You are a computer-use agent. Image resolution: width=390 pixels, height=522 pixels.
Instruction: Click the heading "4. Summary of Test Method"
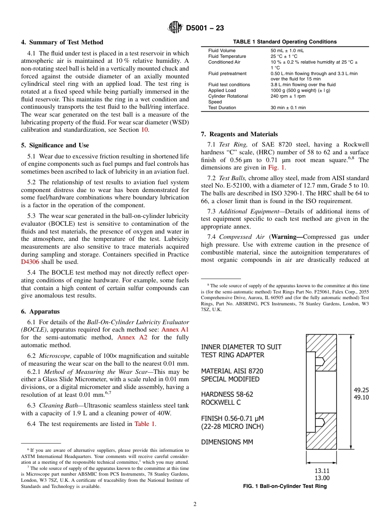tap(62, 42)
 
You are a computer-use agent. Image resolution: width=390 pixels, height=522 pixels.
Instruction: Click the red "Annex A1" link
tap(175, 330)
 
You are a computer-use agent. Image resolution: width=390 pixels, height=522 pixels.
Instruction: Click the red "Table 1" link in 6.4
tap(145, 424)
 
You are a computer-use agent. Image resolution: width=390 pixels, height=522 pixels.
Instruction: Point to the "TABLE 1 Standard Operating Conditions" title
tap(284, 42)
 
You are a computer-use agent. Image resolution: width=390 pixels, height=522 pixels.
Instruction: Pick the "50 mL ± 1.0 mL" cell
tap(287, 50)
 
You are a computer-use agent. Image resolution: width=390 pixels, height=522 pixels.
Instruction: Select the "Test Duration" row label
tap(222, 108)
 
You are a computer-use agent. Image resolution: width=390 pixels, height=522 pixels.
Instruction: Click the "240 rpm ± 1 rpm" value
tap(288, 96)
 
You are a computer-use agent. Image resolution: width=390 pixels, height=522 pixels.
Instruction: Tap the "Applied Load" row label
tap(222, 90)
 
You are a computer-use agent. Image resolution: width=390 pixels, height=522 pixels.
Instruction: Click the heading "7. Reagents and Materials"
tap(239, 134)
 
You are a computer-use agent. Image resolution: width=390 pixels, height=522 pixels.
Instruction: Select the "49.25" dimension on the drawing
tap(361, 390)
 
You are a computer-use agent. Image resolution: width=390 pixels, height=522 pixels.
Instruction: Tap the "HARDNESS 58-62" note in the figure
tap(227, 394)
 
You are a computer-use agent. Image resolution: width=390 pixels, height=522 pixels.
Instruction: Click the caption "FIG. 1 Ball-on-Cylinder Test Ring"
tap(284, 486)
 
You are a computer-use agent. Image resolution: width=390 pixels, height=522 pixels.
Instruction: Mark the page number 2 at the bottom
tap(195, 504)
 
